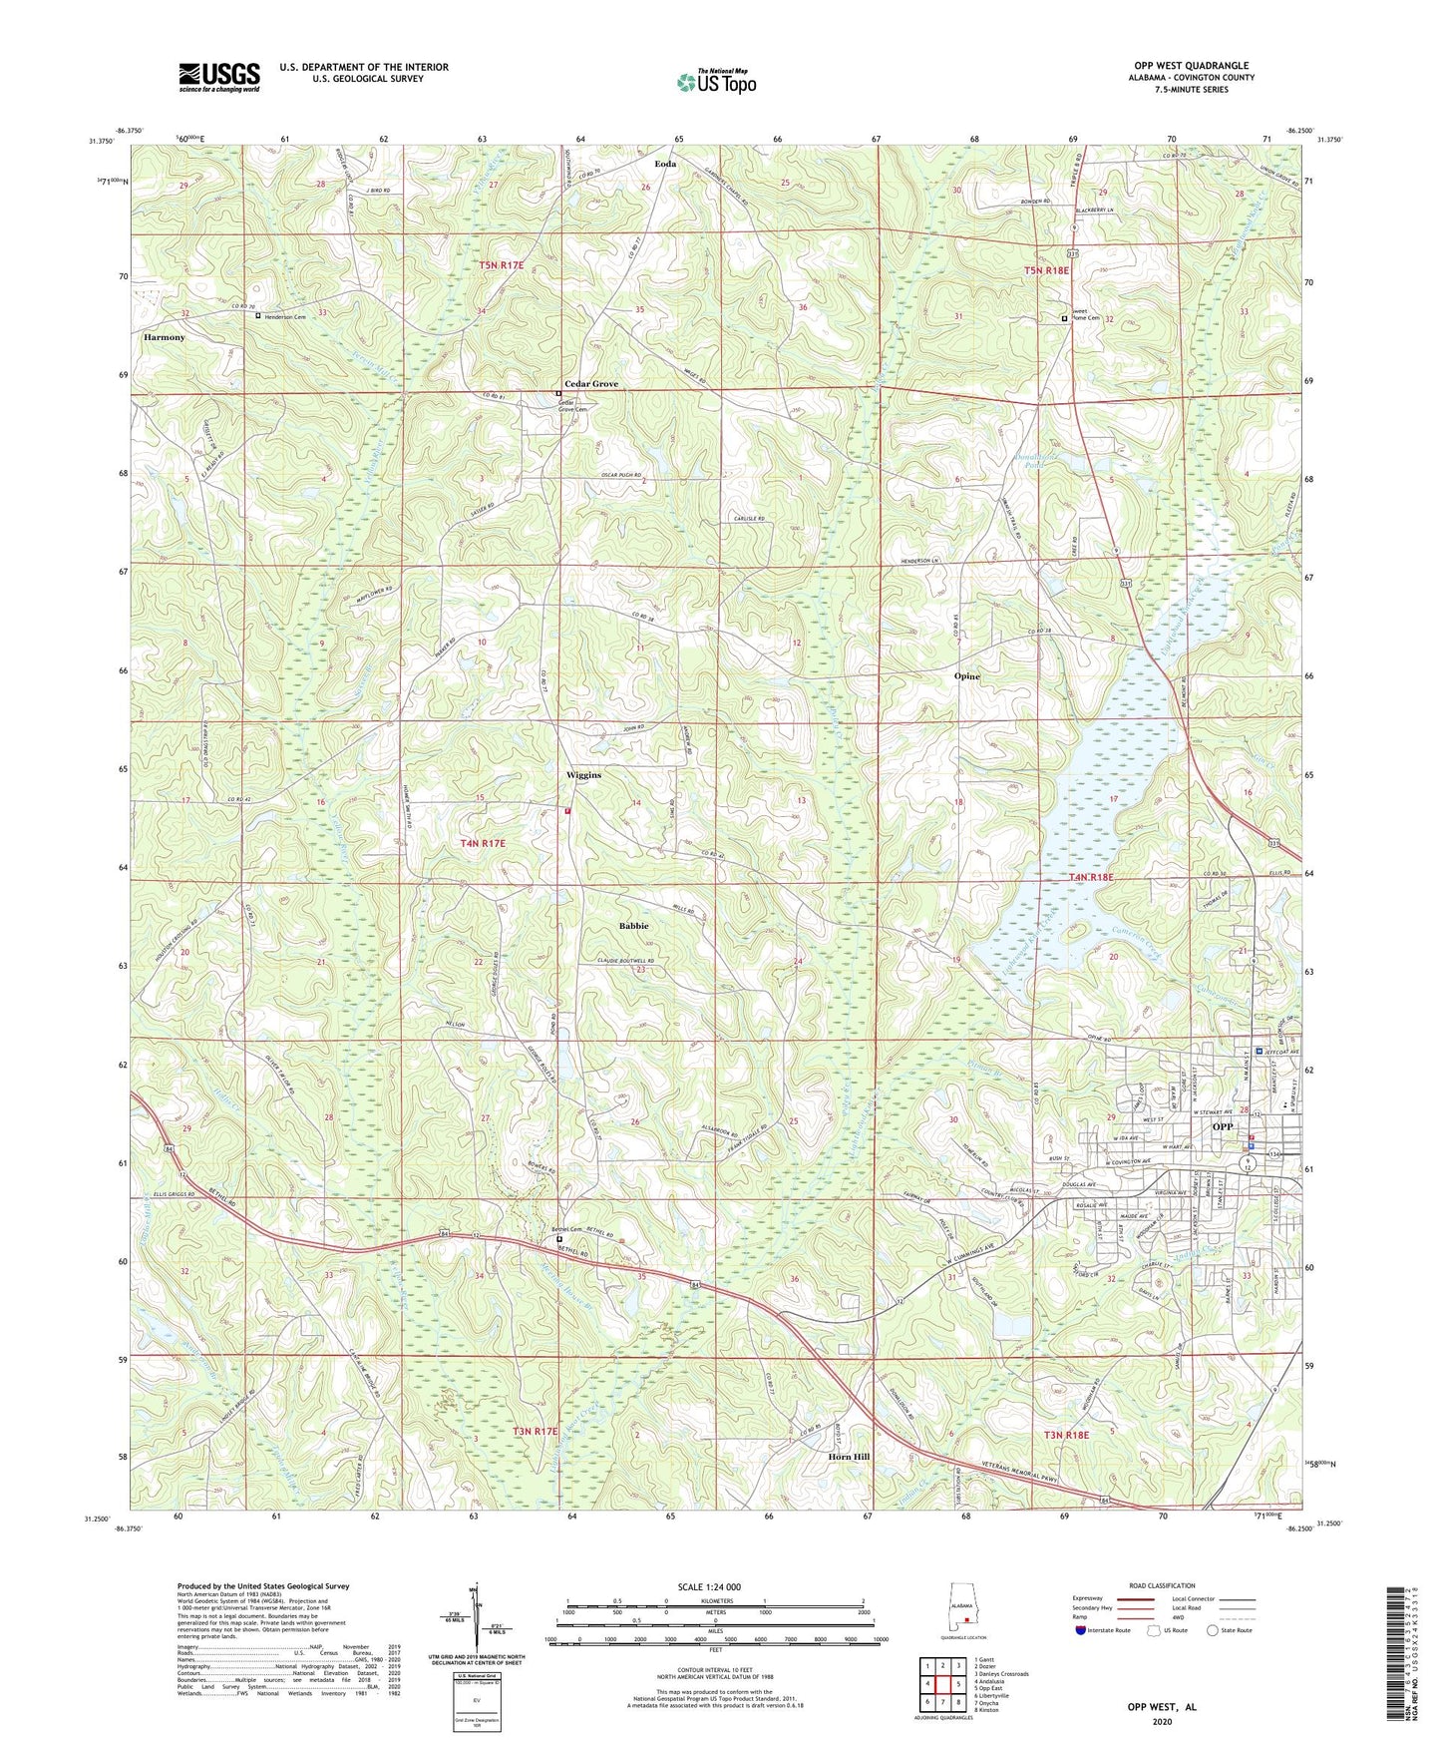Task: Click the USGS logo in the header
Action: [218, 77]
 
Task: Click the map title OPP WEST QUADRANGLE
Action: [1184, 66]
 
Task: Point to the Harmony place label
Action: [164, 337]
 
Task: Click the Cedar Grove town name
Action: [591, 384]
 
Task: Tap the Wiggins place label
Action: [583, 774]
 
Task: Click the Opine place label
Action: [965, 675]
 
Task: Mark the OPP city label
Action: [1223, 1126]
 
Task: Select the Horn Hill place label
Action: [849, 1457]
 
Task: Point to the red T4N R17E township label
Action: [483, 843]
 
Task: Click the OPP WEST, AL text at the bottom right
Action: [1161, 1707]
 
